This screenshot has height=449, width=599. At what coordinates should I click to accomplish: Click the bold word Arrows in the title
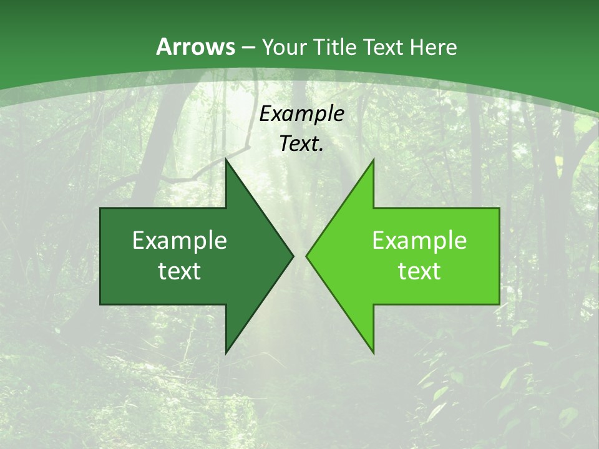click(x=196, y=47)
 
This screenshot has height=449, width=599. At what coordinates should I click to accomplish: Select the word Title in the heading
click(x=334, y=47)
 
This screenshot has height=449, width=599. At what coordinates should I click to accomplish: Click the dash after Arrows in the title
click(x=248, y=47)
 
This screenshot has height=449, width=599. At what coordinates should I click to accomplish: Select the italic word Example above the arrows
click(x=301, y=113)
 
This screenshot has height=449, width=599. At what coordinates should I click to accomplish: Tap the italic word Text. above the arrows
click(x=301, y=143)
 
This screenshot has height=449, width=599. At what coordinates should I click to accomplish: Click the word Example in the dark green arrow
click(x=180, y=241)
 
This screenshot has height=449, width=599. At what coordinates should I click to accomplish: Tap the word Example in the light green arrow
click(x=419, y=241)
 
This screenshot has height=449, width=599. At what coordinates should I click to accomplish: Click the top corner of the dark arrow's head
click(x=226, y=161)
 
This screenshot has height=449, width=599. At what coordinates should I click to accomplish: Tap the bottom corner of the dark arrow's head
click(x=226, y=352)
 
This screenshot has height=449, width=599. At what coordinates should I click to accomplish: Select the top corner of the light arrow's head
click(x=373, y=161)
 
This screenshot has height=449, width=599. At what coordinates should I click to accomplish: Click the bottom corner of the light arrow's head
click(x=373, y=352)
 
